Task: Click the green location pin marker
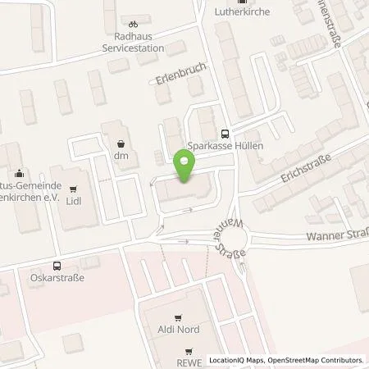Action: pyautogui.click(x=185, y=166)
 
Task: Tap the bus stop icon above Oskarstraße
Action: pyautogui.click(x=57, y=266)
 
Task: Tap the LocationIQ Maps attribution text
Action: pyautogui.click(x=235, y=360)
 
